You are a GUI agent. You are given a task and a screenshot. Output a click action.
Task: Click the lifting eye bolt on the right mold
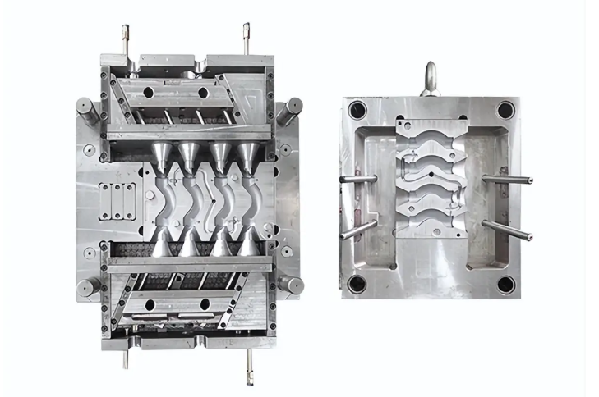pyautogui.click(x=430, y=80)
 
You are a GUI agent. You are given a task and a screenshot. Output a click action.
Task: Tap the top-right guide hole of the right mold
pyautogui.click(x=505, y=109)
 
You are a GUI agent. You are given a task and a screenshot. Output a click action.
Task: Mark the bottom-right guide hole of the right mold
pyautogui.click(x=505, y=284)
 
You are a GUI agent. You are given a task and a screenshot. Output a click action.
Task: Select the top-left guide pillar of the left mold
pyautogui.click(x=85, y=109)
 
